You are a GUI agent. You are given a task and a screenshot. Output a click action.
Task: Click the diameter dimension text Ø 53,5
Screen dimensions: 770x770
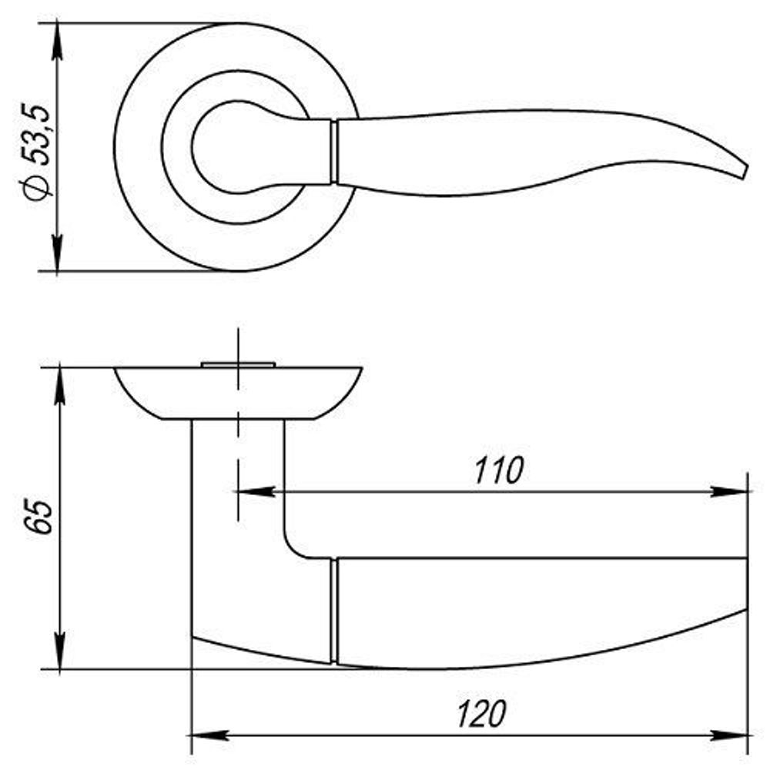36,152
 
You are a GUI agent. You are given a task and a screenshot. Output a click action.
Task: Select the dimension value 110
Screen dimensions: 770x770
499,470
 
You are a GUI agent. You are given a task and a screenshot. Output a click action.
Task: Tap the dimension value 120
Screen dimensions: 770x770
481,714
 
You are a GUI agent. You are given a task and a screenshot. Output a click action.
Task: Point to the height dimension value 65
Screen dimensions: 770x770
38,517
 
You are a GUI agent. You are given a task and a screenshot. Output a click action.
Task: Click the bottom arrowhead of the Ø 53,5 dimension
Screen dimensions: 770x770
58,253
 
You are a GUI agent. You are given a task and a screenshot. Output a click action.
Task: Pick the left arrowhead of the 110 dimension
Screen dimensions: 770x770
256,491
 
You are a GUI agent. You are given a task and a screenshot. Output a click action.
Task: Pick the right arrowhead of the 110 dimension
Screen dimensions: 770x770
728,491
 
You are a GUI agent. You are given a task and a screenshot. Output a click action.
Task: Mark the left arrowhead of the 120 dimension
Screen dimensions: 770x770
209,735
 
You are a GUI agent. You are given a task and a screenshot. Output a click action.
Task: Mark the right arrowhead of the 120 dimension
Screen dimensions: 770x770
728,735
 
